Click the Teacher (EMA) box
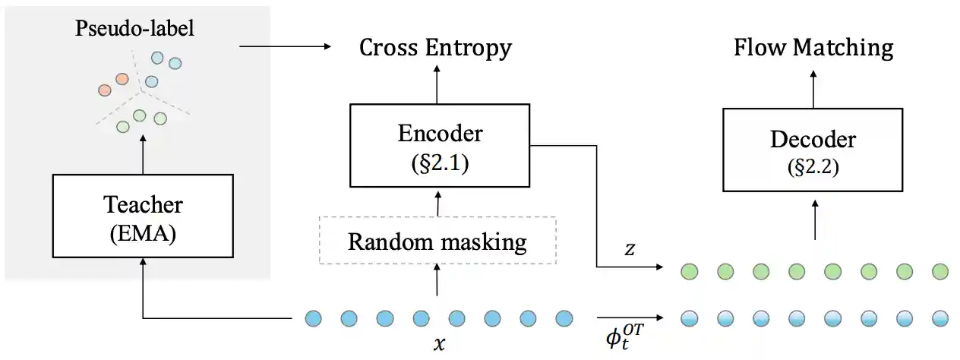143,216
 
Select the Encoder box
440,145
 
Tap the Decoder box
813,149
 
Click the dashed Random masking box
437,241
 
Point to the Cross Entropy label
436,48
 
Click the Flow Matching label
813,48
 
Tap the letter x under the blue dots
438,343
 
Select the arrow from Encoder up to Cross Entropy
437,84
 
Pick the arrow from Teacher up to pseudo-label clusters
143,156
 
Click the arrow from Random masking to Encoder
437,202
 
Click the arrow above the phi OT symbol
629,317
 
